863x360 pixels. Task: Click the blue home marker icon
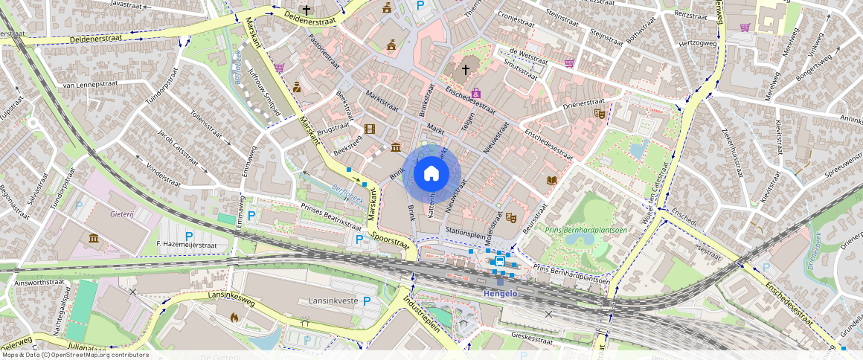point(431,174)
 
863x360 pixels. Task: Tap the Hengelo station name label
point(500,293)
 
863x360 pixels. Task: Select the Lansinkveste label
point(333,300)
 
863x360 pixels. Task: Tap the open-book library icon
point(551,181)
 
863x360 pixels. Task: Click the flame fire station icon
point(234,318)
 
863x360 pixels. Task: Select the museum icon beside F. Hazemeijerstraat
point(94,238)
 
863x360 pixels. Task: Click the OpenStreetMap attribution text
point(75,355)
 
